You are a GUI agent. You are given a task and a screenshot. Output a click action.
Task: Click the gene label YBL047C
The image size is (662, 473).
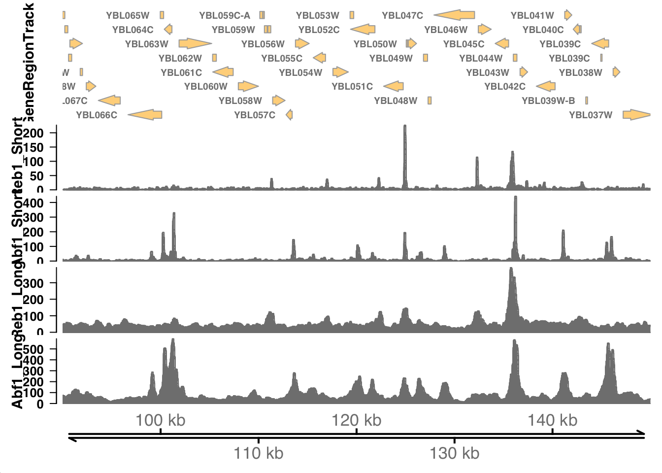[402, 16]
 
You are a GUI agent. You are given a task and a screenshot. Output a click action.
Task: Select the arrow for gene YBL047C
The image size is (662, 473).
[455, 15]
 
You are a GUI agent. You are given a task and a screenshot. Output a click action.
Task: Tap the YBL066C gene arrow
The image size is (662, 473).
[145, 115]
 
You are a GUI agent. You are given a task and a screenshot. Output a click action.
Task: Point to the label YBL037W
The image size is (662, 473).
[591, 115]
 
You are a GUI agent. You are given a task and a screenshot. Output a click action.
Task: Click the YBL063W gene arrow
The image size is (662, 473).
[195, 44]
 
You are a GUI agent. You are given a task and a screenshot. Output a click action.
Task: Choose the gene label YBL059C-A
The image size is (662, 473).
[225, 16]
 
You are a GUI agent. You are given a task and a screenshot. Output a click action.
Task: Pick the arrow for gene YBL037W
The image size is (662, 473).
[636, 115]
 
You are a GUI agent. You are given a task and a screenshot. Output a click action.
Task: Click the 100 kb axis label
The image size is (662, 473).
[161, 420]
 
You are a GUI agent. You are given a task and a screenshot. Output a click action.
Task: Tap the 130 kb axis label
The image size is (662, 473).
[454, 453]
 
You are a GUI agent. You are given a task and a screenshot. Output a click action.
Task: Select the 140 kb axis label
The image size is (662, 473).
[552, 420]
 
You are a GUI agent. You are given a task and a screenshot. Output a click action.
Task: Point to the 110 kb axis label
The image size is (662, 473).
[259, 453]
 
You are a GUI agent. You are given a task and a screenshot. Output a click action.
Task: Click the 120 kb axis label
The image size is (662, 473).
[356, 420]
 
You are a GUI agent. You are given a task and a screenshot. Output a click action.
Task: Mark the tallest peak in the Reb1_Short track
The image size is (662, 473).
[405, 127]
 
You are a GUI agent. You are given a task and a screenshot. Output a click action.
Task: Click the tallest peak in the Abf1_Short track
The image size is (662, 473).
[515, 198]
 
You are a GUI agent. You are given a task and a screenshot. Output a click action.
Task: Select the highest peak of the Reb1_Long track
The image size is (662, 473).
[511, 269]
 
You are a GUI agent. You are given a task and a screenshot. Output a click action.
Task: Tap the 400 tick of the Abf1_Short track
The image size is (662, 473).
[33, 203]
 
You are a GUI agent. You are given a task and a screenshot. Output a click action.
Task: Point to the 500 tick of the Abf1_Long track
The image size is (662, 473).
[33, 349]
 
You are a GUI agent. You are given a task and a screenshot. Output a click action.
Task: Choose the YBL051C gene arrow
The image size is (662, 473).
[394, 86]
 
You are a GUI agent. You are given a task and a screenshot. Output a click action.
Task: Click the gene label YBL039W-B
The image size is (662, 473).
[548, 101]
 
